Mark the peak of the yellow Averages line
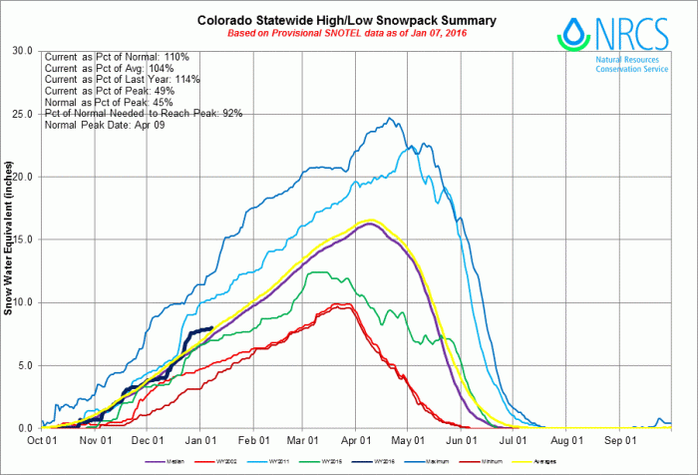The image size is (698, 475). coord(371,221)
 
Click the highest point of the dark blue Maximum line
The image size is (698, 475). coord(392,118)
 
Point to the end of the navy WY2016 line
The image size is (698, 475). coord(212,327)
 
